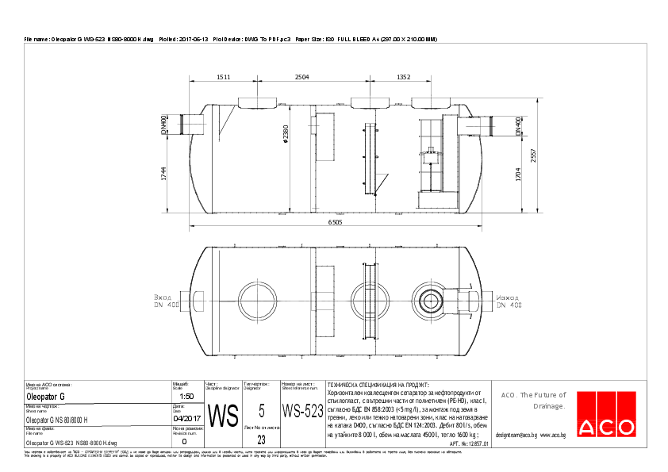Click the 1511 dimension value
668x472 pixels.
223,77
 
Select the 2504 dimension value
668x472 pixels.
301,77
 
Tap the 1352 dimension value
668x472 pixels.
404,77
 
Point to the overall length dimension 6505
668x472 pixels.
336,224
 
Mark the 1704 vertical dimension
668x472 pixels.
518,175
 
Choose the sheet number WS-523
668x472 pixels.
302,411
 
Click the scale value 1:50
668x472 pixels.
187,396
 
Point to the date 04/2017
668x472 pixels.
187,419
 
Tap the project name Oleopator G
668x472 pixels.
46,396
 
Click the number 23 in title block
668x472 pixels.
261,439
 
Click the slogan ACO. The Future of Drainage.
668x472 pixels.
533,400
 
